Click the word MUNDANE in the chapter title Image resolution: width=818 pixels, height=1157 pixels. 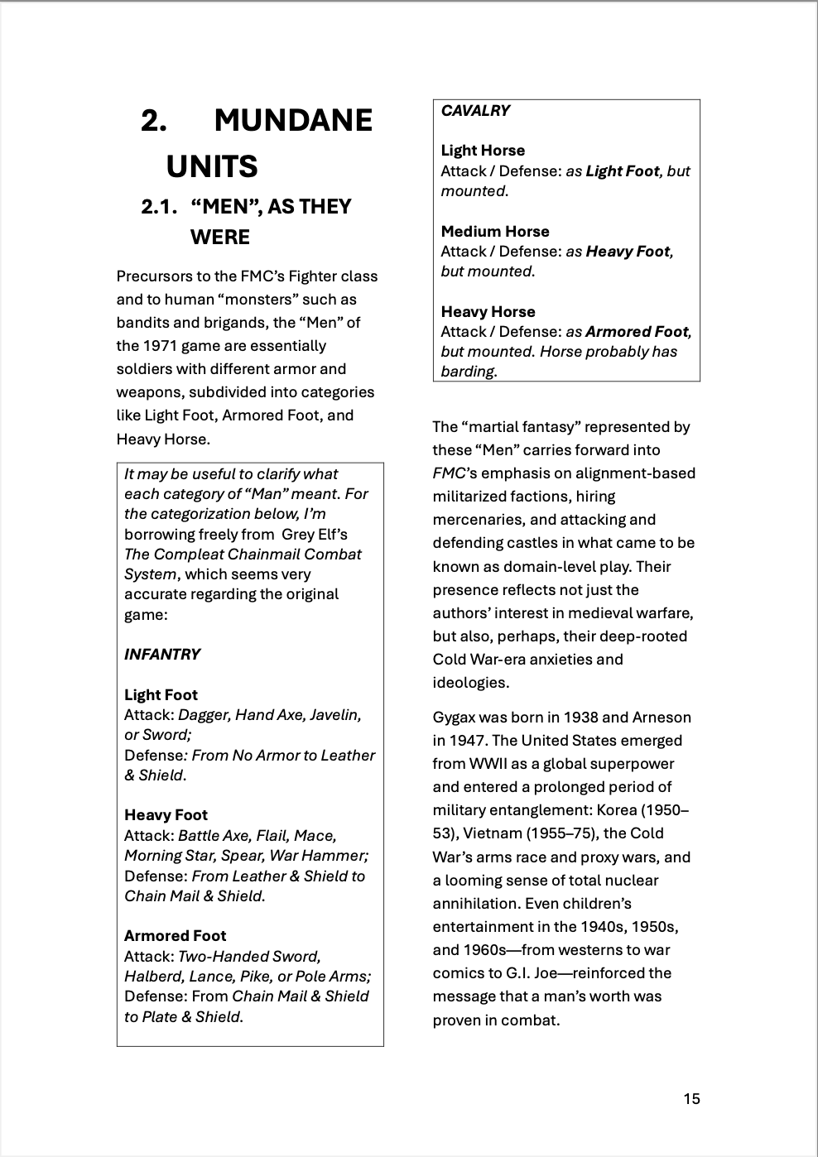pyautogui.click(x=293, y=121)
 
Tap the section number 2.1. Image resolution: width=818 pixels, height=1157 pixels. pyautogui.click(x=160, y=207)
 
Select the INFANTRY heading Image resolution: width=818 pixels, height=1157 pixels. pyautogui.click(x=162, y=655)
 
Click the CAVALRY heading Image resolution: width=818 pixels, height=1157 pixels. pyautogui.click(x=475, y=111)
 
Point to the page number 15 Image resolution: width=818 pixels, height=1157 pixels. pyautogui.click(x=691, y=1099)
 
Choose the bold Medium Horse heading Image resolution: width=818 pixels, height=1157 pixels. pyautogui.click(x=495, y=232)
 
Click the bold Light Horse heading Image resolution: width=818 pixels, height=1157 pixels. pyautogui.click(x=483, y=151)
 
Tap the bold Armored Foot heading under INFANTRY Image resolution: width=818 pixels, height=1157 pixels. pyautogui.click(x=175, y=936)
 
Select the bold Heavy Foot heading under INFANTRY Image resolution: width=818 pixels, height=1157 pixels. pyautogui.click(x=166, y=815)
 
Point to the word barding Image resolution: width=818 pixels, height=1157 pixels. pyautogui.click(x=467, y=372)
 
